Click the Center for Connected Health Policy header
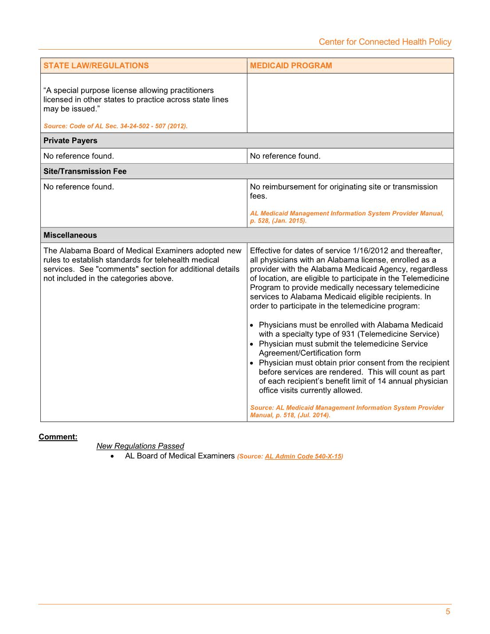click(x=385, y=42)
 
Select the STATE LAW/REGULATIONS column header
click(x=96, y=66)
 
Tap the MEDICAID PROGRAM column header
click(x=291, y=66)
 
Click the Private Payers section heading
click(x=71, y=141)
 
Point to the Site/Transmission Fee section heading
click(x=85, y=171)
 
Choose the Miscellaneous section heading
click(x=70, y=235)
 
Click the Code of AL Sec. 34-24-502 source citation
click(x=116, y=126)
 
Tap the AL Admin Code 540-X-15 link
click(x=303, y=456)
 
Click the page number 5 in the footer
click(x=448, y=612)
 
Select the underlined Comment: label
click(x=58, y=437)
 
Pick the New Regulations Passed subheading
click(x=140, y=446)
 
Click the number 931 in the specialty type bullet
click(x=349, y=334)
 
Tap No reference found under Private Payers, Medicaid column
click(x=285, y=156)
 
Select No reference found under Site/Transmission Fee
click(x=78, y=187)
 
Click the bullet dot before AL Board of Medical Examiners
click(x=113, y=456)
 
